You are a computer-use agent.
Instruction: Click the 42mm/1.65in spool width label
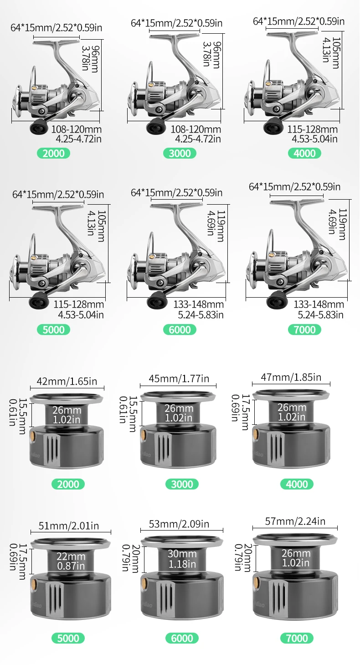click(67, 381)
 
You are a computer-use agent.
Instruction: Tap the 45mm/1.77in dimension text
click(179, 378)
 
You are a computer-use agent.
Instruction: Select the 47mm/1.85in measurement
click(291, 377)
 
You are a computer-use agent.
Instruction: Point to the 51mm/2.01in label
click(68, 526)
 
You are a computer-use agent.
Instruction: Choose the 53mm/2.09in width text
click(179, 524)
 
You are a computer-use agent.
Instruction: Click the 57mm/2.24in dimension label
click(295, 521)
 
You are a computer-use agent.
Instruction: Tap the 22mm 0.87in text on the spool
click(71, 561)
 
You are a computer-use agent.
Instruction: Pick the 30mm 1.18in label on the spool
click(182, 559)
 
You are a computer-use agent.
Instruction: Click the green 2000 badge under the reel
click(53, 153)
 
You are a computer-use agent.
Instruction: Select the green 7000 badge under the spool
click(297, 638)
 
